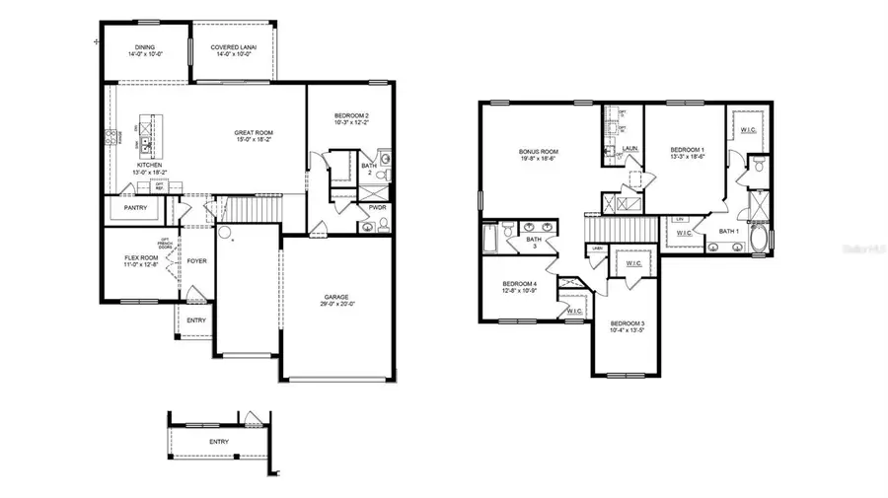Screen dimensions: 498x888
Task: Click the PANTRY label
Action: coord(135,208)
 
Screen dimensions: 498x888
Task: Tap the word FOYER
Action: coord(196,261)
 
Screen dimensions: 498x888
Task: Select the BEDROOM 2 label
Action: coord(351,116)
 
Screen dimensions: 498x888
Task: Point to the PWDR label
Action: coord(377,207)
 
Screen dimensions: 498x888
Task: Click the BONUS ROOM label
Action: coord(539,152)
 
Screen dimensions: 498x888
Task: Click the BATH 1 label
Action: coord(729,231)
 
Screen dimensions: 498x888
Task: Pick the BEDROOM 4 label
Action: coord(519,284)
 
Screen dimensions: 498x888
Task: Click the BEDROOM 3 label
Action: coord(627,323)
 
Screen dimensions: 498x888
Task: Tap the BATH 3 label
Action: coord(533,240)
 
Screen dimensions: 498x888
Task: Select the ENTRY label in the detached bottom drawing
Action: coord(218,441)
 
